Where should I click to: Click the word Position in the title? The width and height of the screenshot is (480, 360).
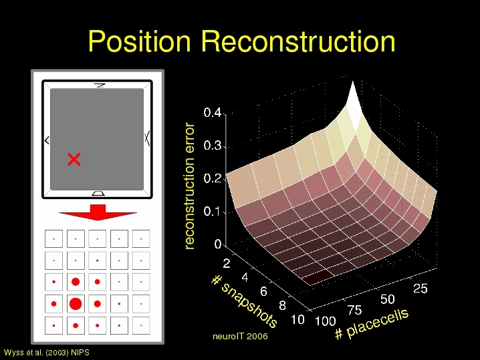(x=140, y=41)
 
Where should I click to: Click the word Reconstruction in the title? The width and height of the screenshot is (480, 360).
(x=298, y=41)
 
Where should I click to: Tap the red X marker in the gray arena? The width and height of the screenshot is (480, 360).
(x=74, y=160)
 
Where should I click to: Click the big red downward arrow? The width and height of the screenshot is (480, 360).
(x=98, y=212)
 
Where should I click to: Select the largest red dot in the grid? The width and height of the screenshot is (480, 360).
(x=76, y=304)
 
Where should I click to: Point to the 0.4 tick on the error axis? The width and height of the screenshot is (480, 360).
(x=212, y=113)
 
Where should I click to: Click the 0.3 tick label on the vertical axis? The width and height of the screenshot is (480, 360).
(x=212, y=146)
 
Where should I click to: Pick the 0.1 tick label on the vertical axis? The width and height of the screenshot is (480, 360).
(x=212, y=211)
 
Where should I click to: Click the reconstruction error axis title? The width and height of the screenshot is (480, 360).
(x=189, y=186)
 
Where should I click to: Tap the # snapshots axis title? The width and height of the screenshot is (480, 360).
(x=245, y=301)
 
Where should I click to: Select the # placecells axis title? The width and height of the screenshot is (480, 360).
(x=372, y=324)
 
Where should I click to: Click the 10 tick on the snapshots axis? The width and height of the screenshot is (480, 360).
(x=297, y=320)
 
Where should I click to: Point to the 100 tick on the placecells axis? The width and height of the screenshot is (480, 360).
(x=326, y=321)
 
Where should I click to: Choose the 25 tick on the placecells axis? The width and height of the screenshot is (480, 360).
(x=421, y=289)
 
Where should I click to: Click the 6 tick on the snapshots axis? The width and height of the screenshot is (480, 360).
(x=263, y=291)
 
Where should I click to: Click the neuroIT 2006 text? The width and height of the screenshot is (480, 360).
(x=240, y=337)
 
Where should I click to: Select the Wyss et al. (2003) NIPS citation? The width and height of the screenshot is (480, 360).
(x=47, y=353)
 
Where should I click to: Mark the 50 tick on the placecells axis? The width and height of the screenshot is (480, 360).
(x=387, y=299)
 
